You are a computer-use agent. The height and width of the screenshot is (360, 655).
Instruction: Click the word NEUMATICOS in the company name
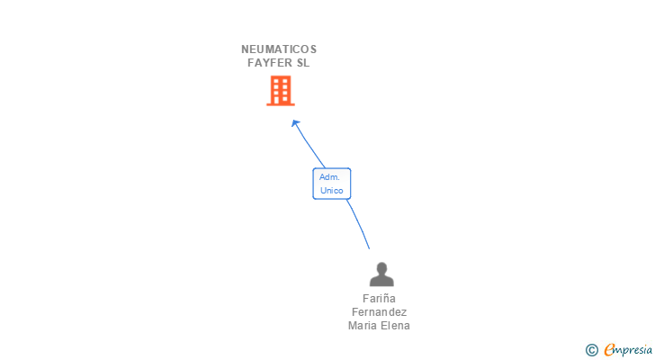pyautogui.click(x=279, y=49)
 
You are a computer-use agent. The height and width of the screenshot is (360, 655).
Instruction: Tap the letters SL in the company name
pyautogui.click(x=303, y=63)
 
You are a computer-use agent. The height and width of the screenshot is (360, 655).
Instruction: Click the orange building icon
pyautogui.click(x=281, y=90)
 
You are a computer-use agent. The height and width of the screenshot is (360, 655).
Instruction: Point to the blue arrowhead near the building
pyautogui.click(x=295, y=123)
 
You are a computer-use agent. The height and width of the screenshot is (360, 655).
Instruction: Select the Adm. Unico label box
pyautogui.click(x=331, y=184)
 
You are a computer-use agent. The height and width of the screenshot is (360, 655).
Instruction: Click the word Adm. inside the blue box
pyautogui.click(x=329, y=177)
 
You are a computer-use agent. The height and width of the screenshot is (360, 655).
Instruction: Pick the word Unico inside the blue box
pyautogui.click(x=331, y=191)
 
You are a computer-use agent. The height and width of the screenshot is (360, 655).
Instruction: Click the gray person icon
pyautogui.click(x=381, y=274)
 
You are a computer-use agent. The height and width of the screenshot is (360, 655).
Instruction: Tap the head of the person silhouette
pyautogui.click(x=381, y=268)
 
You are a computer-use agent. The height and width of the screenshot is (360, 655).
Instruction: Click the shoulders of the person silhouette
pyautogui.click(x=381, y=281)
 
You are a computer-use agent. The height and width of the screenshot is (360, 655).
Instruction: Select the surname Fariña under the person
pyautogui.click(x=379, y=299)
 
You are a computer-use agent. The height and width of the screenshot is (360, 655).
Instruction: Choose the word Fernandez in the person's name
pyautogui.click(x=379, y=312)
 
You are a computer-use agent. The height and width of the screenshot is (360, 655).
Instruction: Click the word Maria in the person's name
pyautogui.click(x=363, y=326)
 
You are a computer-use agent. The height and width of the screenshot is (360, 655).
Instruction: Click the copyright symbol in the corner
pyautogui.click(x=591, y=350)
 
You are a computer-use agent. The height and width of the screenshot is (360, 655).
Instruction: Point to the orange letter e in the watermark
pyautogui.click(x=609, y=350)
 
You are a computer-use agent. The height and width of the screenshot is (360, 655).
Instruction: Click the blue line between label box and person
pyautogui.click(x=360, y=225)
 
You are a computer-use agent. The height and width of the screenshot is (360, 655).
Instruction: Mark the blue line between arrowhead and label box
pyautogui.click(x=309, y=147)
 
